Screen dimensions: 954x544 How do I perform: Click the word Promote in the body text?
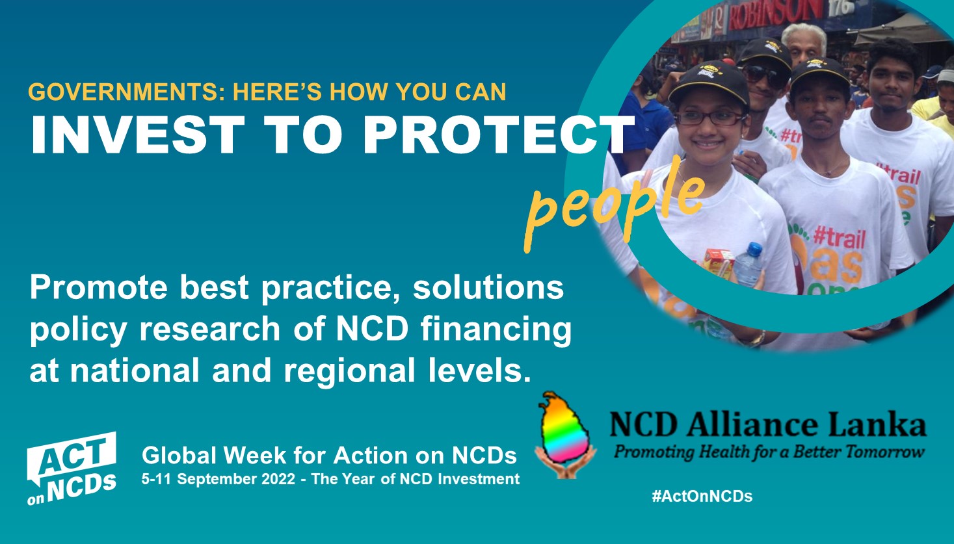(98, 288)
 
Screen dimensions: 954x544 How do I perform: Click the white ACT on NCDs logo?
(72, 468)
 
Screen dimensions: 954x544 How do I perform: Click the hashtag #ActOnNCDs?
(702, 496)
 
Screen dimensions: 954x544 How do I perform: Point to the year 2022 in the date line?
(278, 479)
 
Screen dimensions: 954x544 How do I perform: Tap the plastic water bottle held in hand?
(749, 265)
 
